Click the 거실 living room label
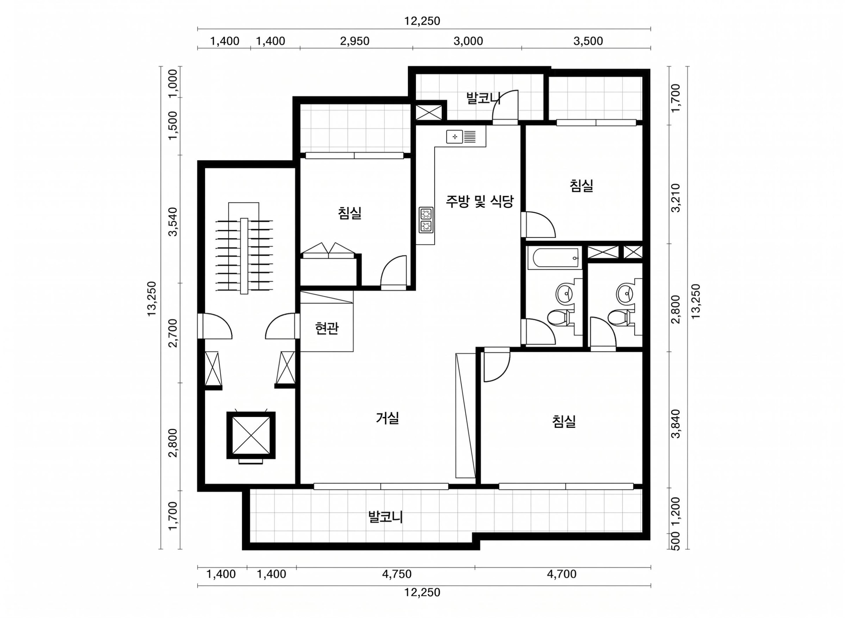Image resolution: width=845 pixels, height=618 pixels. pos(387,418)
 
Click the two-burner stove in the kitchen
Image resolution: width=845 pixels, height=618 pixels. pos(426,220)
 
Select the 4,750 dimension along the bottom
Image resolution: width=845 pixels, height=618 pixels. pos(397,574)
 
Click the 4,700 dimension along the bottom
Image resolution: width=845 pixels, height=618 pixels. pos(562,574)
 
